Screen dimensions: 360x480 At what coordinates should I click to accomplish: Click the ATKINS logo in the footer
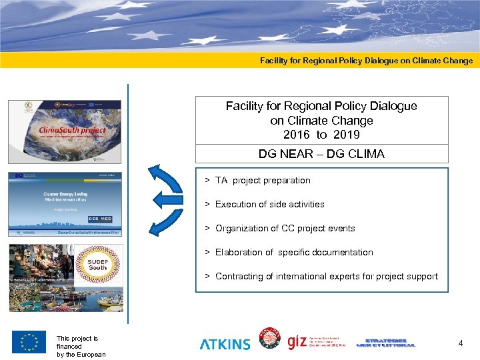[225, 344]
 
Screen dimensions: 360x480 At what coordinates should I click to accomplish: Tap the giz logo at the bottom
[297, 342]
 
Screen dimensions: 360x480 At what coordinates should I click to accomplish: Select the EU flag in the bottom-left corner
[29, 342]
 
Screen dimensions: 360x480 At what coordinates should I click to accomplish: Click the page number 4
[460, 343]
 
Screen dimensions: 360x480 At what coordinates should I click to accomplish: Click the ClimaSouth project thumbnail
[65, 131]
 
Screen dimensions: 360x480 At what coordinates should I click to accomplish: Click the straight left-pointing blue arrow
[167, 199]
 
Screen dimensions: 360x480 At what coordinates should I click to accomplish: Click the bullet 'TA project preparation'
[263, 181]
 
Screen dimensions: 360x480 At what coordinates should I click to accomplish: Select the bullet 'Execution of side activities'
[269, 205]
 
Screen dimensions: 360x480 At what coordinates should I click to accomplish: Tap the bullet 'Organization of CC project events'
[285, 229]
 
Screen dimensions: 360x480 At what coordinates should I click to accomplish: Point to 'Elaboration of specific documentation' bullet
[294, 253]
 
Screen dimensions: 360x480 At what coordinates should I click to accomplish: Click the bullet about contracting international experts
[327, 277]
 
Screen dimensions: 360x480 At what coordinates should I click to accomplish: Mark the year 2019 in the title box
[348, 135]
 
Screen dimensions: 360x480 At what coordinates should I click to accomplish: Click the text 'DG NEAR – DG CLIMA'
[321, 155]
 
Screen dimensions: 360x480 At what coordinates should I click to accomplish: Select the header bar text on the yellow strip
[366, 61]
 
